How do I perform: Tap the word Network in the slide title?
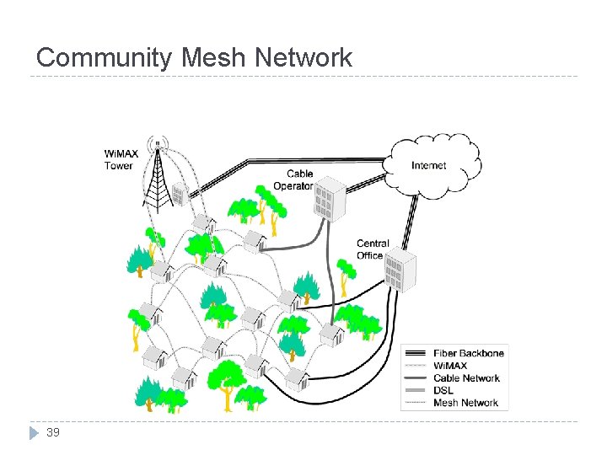point(300,57)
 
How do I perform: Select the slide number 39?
point(52,432)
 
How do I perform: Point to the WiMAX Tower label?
point(118,160)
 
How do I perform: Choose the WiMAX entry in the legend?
point(461,366)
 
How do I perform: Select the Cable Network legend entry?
point(465,378)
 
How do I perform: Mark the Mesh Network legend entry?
point(465,403)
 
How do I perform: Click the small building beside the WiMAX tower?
point(179,195)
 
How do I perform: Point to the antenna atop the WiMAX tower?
point(156,143)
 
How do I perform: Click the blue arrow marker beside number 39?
point(34,433)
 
